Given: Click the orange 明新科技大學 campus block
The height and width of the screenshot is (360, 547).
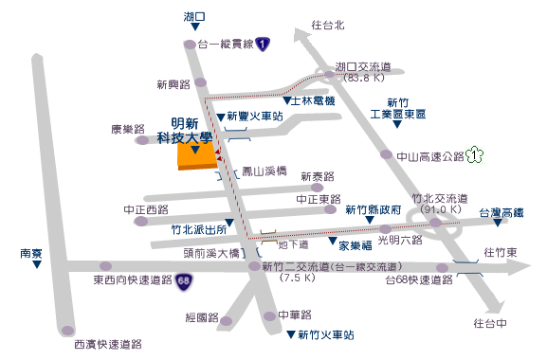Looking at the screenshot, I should [196, 157].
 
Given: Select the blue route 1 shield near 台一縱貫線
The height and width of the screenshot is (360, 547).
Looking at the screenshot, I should [263, 44].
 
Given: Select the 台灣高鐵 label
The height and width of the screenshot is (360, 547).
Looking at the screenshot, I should [501, 213].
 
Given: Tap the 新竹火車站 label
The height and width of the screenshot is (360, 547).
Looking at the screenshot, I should [325, 334].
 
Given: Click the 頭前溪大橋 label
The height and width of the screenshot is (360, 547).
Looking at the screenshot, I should [213, 253].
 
